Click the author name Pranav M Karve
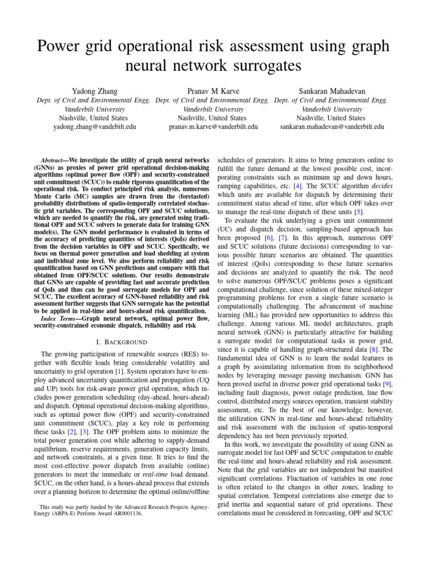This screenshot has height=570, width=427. pyautogui.click(x=213, y=90)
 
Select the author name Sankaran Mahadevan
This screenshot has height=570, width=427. pyautogui.click(x=331, y=90)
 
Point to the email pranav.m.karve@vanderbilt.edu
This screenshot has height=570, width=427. pyautogui.click(x=213, y=127)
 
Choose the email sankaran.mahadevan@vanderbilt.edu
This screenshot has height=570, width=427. pyautogui.click(x=331, y=127)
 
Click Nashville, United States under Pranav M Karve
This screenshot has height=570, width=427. pyautogui.click(x=213, y=118)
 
